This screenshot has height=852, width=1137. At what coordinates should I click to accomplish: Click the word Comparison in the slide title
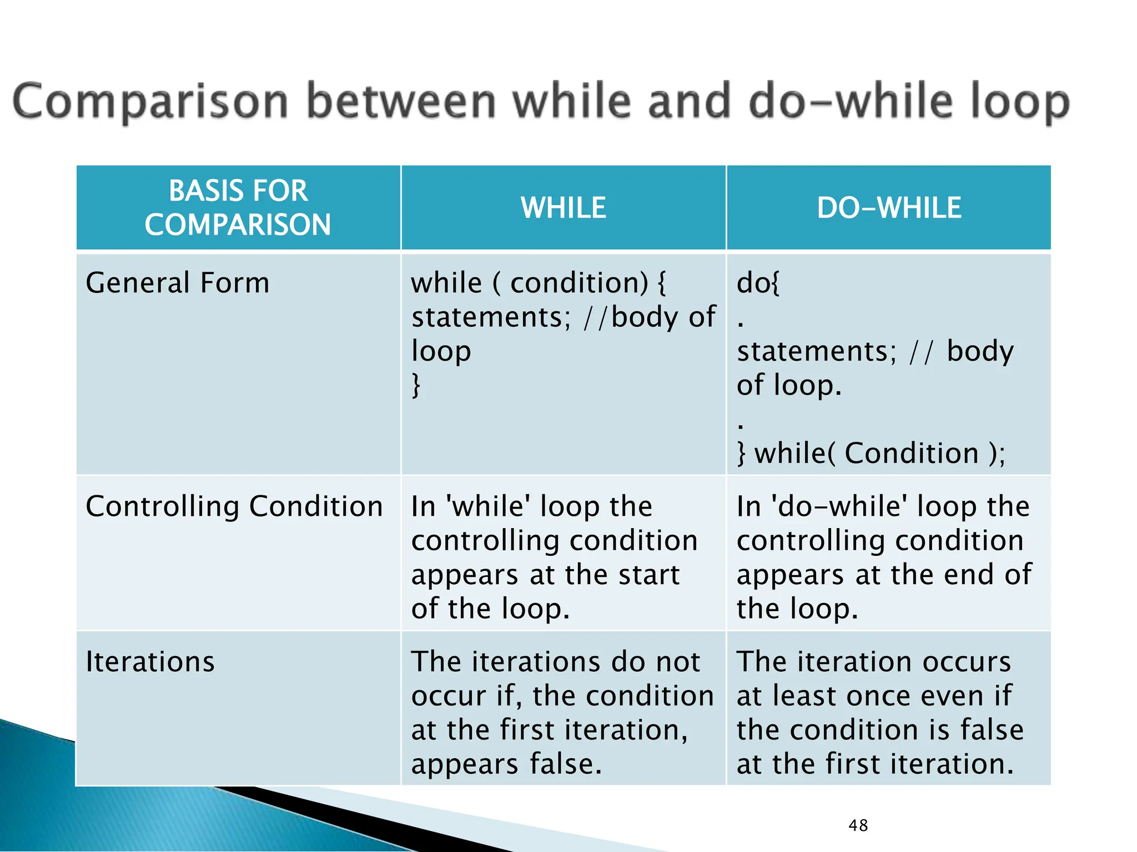150,102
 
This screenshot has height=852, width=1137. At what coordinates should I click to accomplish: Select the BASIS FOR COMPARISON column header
238,207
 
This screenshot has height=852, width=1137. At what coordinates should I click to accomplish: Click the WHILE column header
563,208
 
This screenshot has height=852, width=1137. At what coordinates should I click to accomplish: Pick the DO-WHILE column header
888,208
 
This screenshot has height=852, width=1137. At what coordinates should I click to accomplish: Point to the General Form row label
178,283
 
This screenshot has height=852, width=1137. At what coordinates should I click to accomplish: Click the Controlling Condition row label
234,506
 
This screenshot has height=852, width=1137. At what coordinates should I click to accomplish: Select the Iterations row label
150,662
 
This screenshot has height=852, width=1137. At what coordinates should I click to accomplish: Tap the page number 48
858,825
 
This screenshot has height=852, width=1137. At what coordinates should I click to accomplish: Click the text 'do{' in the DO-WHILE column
758,283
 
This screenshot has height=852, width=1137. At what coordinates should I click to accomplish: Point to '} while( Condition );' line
871,453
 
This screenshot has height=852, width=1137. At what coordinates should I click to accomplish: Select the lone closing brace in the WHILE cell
416,385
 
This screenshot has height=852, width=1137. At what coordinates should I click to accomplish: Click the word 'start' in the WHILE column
648,575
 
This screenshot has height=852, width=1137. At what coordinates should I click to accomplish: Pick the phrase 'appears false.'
506,764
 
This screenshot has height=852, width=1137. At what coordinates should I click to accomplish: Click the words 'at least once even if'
874,696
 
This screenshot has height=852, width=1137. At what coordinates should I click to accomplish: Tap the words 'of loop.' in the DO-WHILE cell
789,385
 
